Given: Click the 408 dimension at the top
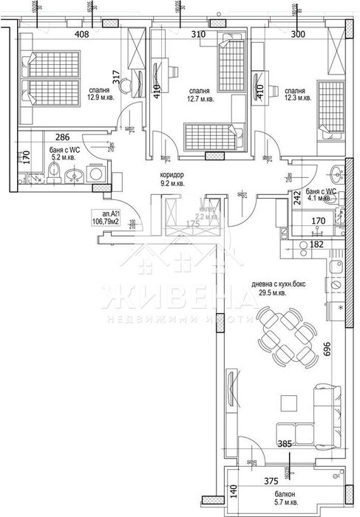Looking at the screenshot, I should coord(81,33).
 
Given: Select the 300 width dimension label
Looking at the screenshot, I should coord(297,33).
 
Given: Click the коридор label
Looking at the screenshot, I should coord(172,175).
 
